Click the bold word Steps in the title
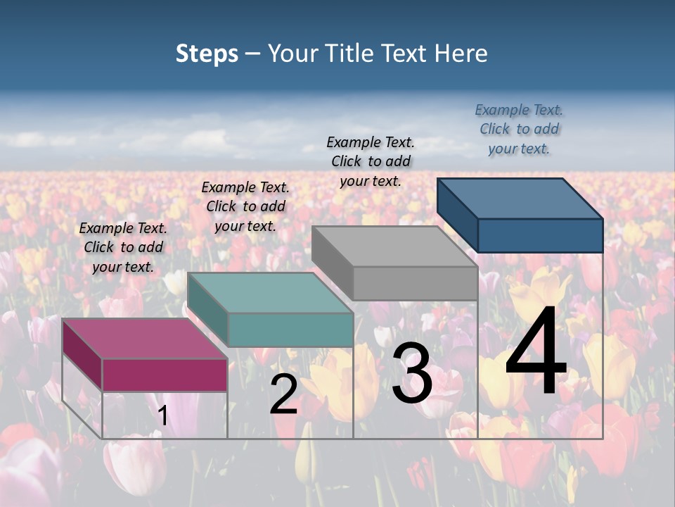[x=207, y=54]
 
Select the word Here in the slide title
[x=461, y=54]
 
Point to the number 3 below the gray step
[x=411, y=373]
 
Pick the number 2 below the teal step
[x=283, y=395]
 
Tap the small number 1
[x=162, y=416]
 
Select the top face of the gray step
[x=394, y=246]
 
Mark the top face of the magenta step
[x=145, y=339]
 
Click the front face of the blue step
[x=540, y=235]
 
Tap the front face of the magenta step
[x=165, y=375]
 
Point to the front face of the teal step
[x=290, y=330]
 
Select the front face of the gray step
[x=415, y=283]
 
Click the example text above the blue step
[x=519, y=129]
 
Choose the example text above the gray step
[x=371, y=161]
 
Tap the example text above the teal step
[x=245, y=206]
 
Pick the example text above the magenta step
[x=123, y=247]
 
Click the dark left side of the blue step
[x=457, y=213]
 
